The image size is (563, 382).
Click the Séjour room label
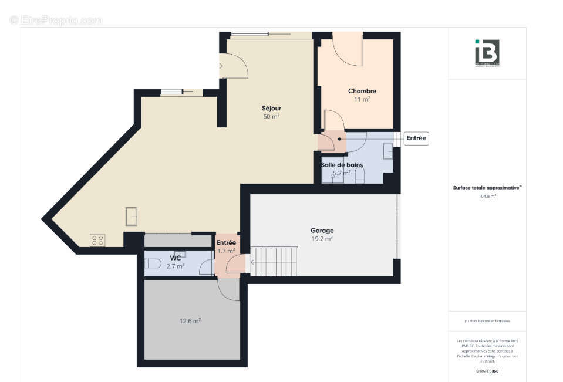(x=271, y=108)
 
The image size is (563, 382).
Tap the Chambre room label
(x=362, y=91)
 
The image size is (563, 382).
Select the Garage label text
(x=322, y=231)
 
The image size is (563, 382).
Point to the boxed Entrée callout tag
(x=417, y=138)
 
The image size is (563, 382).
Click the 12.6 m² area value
(x=190, y=321)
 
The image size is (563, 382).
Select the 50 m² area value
(x=271, y=117)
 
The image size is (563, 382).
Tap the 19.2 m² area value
(x=322, y=239)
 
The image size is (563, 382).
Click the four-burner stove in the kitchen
(x=97, y=239)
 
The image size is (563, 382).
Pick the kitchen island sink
(x=132, y=216)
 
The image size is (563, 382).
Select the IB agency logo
(x=487, y=53)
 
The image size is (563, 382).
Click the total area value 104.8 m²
(x=487, y=197)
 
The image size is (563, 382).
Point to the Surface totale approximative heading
(x=487, y=188)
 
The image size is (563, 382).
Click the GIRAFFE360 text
(x=487, y=371)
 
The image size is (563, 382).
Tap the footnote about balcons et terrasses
(x=487, y=321)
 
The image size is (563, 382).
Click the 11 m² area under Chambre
(x=362, y=100)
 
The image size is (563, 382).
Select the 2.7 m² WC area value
(x=176, y=266)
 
